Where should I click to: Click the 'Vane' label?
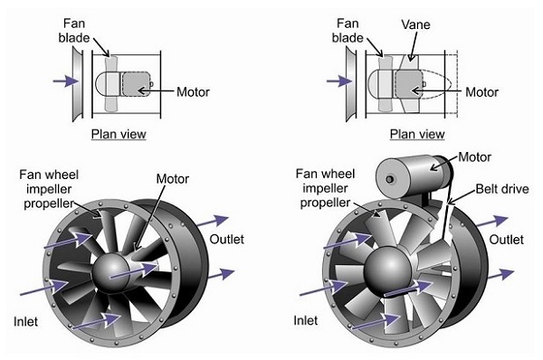pos(415,24)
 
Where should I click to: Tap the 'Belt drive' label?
pos(502,189)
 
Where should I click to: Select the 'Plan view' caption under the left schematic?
pos(119,134)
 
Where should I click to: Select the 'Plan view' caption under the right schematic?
pos(417,134)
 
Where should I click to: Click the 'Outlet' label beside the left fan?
pos(227,239)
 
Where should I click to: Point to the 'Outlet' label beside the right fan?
pos(506,240)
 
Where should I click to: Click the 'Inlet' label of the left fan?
pos(25,322)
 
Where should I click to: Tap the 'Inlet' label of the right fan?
pos(306,320)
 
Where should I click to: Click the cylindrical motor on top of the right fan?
pos(414,176)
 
